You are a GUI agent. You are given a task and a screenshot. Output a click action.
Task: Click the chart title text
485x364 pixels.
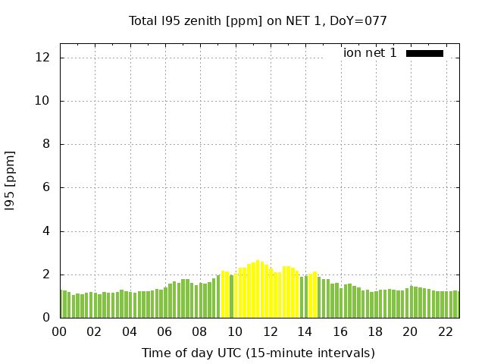(x=258, y=20)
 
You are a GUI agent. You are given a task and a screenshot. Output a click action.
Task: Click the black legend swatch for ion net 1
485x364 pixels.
(x=424, y=53)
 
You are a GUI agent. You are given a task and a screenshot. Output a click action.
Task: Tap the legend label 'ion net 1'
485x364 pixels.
(x=370, y=53)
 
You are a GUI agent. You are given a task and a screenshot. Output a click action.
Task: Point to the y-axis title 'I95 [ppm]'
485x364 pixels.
(x=10, y=180)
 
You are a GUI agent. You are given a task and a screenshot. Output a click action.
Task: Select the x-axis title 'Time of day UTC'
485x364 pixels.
(x=258, y=353)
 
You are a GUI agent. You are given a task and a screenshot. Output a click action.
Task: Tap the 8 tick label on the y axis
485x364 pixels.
(x=46, y=144)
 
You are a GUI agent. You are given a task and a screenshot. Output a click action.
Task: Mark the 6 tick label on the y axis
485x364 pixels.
(x=46, y=187)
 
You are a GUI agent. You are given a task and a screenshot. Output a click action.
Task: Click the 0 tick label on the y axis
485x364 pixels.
(x=46, y=318)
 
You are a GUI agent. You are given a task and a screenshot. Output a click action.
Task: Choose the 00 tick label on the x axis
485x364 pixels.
(x=59, y=331)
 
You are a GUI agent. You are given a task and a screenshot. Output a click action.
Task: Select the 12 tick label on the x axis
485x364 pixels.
(x=270, y=331)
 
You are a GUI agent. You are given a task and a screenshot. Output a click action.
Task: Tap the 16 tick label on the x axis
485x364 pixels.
(x=340, y=331)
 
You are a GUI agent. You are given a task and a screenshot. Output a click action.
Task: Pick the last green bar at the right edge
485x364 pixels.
(x=458, y=305)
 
